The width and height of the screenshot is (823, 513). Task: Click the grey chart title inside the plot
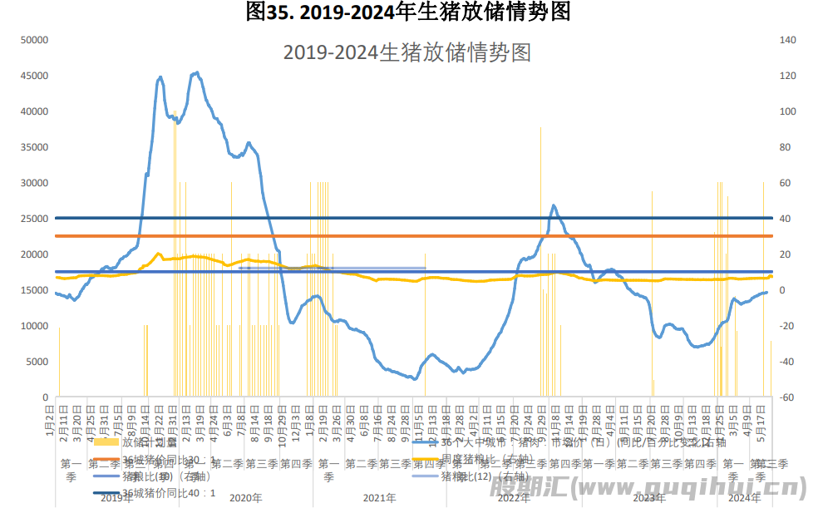click(407, 53)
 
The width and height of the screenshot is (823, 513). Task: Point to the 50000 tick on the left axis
click(34, 40)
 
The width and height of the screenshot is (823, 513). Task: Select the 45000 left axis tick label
click(34, 76)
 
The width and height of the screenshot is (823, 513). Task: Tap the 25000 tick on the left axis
click(34, 219)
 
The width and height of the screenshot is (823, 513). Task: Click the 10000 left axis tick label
click(34, 326)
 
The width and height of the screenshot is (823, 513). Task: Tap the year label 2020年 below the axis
click(245, 498)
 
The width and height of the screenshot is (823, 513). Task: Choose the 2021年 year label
click(379, 498)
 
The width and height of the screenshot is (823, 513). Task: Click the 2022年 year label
click(514, 498)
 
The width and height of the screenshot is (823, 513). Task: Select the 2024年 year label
click(744, 498)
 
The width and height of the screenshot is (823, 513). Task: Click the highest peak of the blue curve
click(196, 72)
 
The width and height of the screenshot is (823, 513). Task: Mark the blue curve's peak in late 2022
click(554, 205)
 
